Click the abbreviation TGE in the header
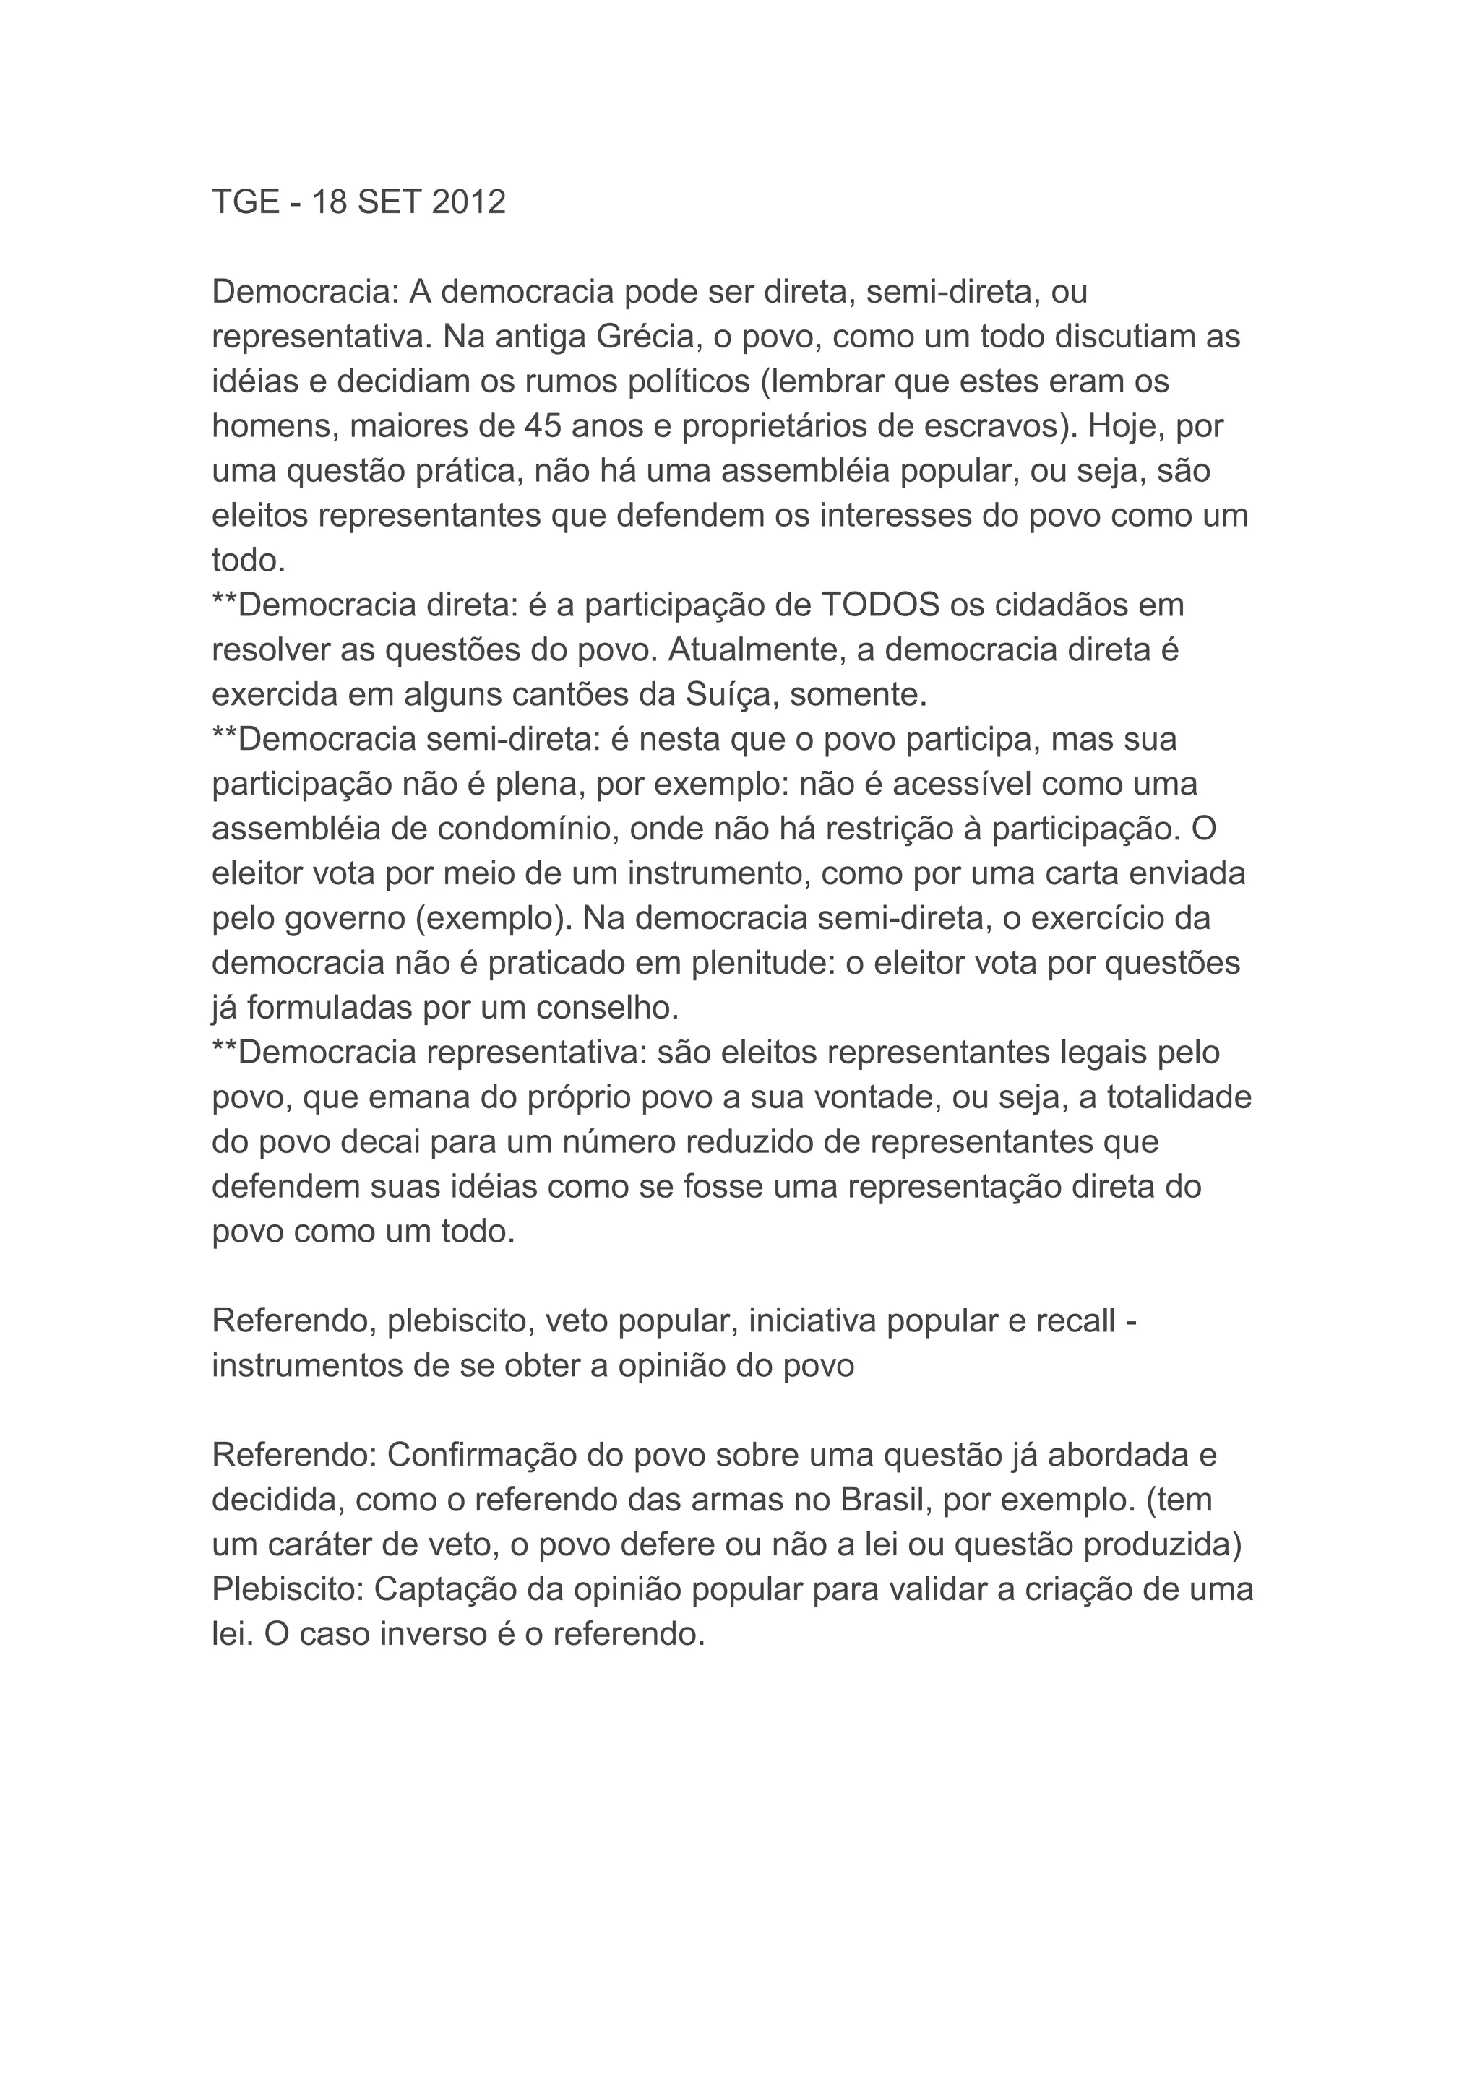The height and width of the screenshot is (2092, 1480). [x=245, y=202]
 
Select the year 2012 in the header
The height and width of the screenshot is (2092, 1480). [x=468, y=202]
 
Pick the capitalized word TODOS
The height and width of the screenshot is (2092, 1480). [x=881, y=605]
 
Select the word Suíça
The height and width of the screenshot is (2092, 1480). [x=729, y=694]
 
